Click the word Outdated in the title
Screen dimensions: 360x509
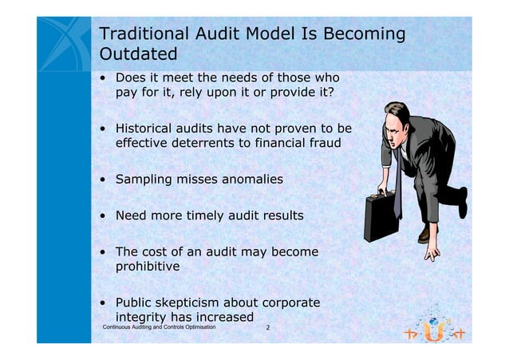click(x=136, y=56)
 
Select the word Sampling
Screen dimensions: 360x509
click(x=147, y=180)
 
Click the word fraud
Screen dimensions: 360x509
click(x=322, y=144)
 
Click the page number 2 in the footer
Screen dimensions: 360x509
click(x=267, y=328)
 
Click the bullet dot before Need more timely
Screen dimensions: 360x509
click(x=104, y=216)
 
